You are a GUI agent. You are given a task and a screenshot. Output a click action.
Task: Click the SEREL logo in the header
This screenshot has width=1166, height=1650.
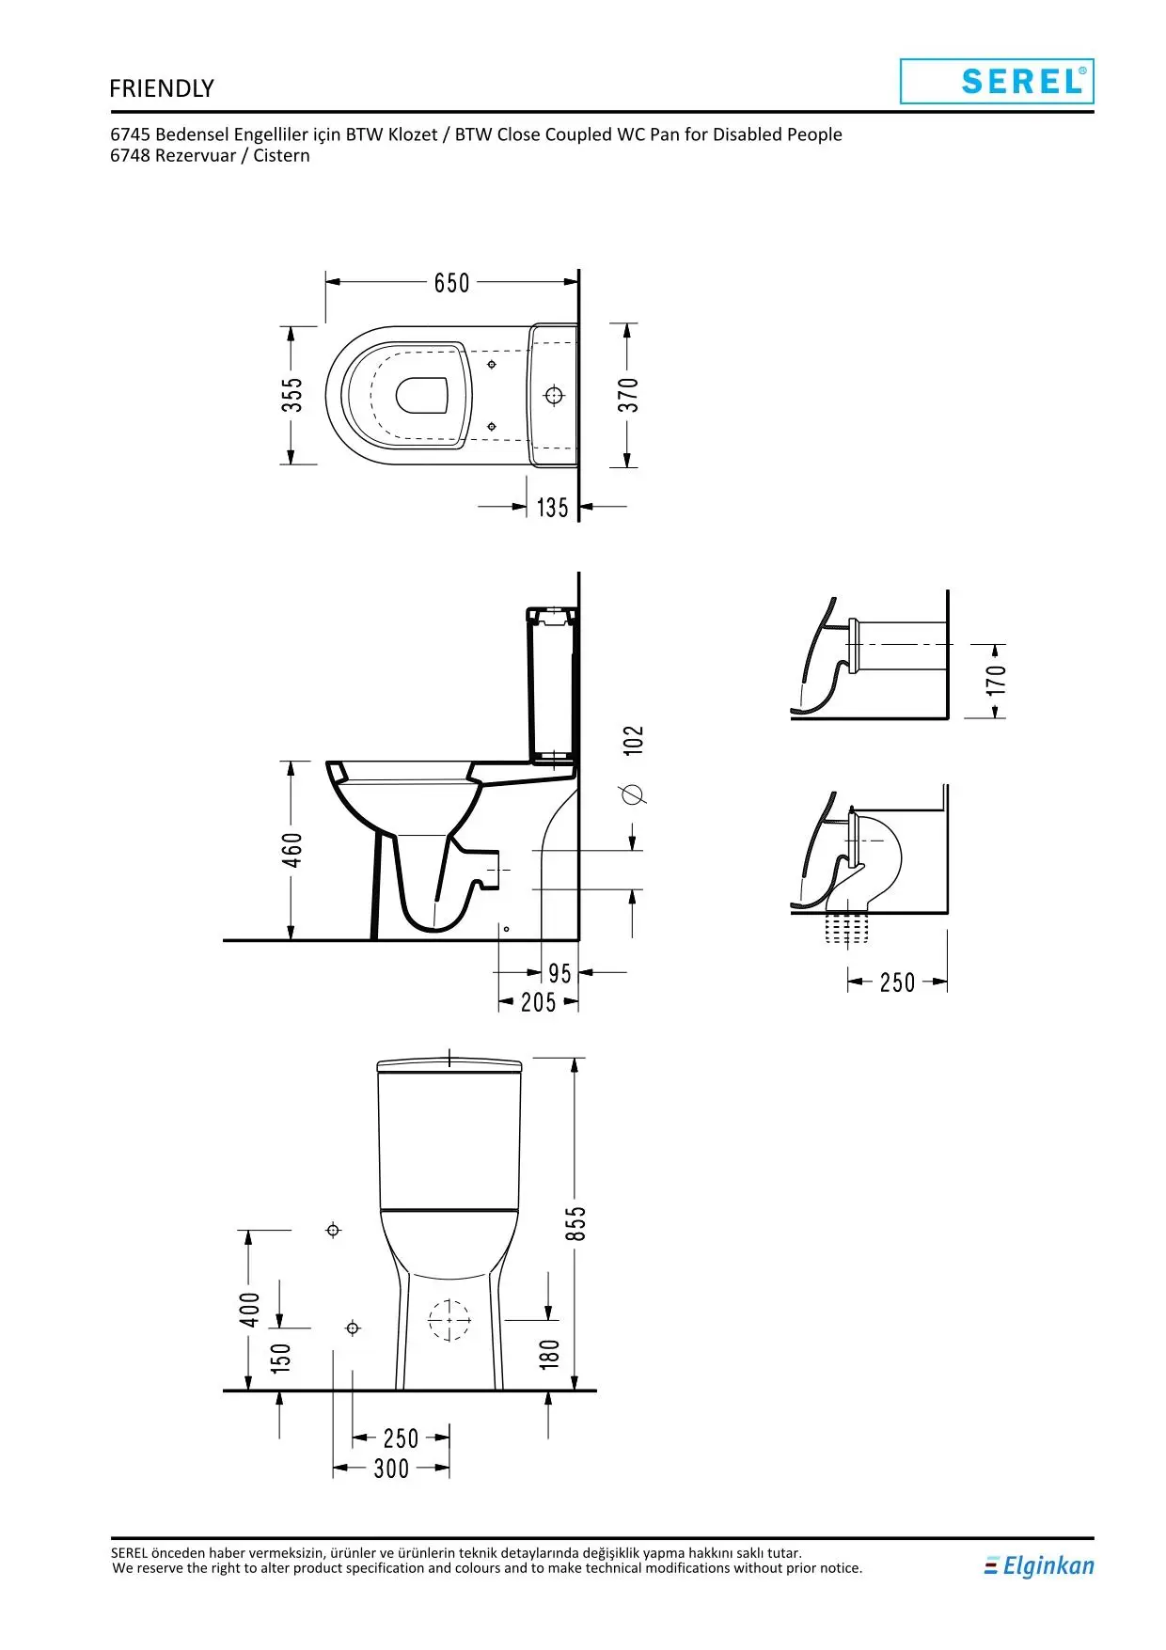coord(997,81)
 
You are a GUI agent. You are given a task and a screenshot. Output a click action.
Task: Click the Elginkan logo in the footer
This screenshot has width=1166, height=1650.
coord(1039,1565)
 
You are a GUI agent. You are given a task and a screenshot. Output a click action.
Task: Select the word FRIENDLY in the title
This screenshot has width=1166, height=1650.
coord(162,88)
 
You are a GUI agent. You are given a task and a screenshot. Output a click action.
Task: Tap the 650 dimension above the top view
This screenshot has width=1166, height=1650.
coord(451,283)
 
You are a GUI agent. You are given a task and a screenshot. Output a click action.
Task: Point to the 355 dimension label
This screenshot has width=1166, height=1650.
coord(292,395)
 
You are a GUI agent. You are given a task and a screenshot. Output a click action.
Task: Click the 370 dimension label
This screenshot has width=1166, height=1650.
coord(628,395)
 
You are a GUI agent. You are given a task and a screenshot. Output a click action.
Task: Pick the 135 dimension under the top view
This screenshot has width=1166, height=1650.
coord(553,508)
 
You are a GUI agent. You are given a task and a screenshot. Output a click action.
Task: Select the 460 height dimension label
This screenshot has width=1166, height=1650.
coord(292,850)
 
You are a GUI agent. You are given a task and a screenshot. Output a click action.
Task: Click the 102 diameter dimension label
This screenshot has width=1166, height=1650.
coord(635,740)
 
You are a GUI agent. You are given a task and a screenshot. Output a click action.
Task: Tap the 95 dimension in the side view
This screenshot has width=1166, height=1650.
coord(559,974)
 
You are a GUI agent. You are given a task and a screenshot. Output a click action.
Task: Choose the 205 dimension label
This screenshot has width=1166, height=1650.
coord(539,1003)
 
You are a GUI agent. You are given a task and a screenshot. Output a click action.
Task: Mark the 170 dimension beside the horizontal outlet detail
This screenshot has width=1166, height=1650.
coord(997,680)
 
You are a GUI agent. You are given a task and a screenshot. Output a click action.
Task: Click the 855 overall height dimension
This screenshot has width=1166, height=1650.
coord(575,1223)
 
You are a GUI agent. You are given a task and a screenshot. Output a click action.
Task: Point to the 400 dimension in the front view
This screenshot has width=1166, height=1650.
coord(249,1310)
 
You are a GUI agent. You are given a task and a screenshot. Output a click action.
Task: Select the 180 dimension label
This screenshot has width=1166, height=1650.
coord(549,1354)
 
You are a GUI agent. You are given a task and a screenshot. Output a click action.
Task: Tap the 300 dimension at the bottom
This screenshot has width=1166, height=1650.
coord(391,1469)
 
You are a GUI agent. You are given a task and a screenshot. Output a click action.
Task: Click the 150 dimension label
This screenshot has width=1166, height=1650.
coord(281,1358)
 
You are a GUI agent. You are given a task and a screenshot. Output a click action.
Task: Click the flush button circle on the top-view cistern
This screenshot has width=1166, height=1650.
coord(554,396)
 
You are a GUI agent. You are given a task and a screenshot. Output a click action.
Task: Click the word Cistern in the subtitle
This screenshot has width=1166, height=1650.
coord(281,156)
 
